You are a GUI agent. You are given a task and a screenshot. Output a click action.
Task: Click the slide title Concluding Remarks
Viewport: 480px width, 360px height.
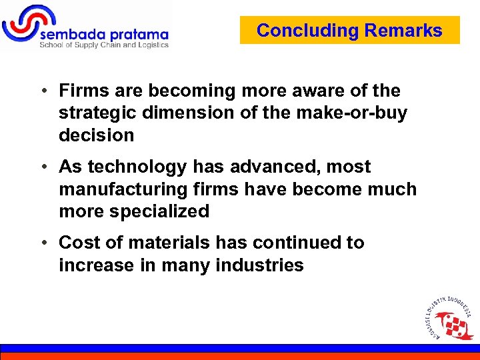[x=349, y=31]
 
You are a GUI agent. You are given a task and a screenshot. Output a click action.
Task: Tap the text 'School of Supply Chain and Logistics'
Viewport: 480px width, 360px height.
[x=104, y=45]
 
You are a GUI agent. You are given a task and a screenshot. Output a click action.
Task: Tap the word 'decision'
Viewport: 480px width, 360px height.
[x=97, y=135]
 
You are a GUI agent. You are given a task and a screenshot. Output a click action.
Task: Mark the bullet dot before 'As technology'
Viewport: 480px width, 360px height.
[x=43, y=167]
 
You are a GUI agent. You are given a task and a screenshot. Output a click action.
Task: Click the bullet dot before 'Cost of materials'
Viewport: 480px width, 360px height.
[x=43, y=243]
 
